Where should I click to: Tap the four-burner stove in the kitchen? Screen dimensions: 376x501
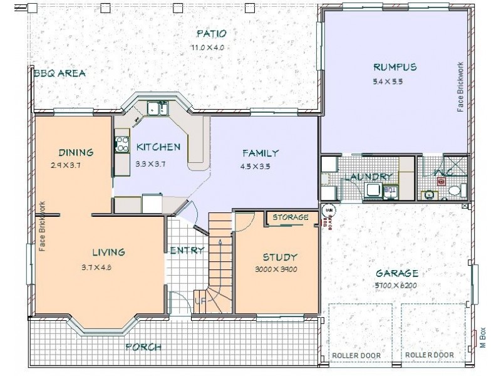point(121,144)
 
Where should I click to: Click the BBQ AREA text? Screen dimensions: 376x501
point(59,73)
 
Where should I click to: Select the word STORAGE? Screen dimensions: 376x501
point(291,217)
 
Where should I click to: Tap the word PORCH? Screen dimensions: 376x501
point(143,347)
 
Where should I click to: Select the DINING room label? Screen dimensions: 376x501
point(76,152)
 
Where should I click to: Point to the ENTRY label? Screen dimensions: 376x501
point(187,251)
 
